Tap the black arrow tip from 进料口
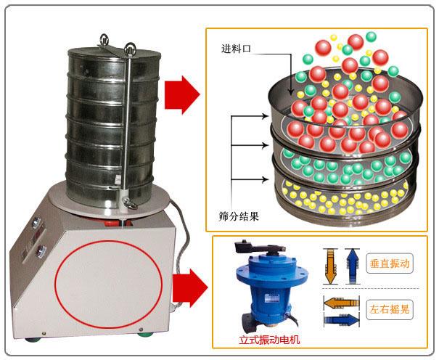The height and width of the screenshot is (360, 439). click(x=291, y=95)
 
